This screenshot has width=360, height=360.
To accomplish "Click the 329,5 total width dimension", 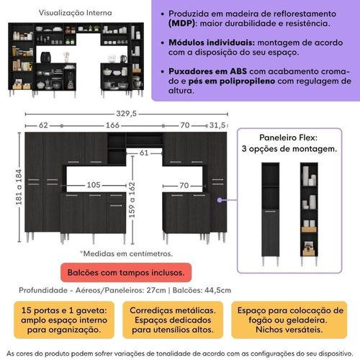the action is pyautogui.click(x=127, y=113).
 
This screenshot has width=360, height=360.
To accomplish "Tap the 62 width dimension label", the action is pyautogui.click(x=43, y=125).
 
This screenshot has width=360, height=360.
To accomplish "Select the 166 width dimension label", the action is pyautogui.click(x=112, y=125).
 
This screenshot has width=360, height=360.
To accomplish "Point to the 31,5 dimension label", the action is pyautogui.click(x=217, y=125).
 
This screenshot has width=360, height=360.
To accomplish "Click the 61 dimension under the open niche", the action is pyautogui.click(x=144, y=153).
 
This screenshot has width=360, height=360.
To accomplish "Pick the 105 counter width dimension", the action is pyautogui.click(x=94, y=185).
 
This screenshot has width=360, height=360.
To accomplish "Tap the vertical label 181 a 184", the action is pyautogui.click(x=19, y=187).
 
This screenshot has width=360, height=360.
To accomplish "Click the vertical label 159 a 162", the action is pyautogui.click(x=132, y=200).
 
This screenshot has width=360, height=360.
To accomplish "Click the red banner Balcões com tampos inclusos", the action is pyautogui.click(x=126, y=273).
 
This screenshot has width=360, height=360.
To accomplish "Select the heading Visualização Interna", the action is pyautogui.click(x=76, y=13).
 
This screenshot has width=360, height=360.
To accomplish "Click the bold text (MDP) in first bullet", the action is pyautogui.click(x=181, y=24).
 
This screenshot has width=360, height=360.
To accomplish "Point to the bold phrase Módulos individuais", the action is pyautogui.click(x=212, y=42).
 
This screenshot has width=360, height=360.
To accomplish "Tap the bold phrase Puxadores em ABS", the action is pyautogui.click(x=207, y=71).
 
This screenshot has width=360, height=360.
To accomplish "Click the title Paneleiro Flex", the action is pyautogui.click(x=288, y=138).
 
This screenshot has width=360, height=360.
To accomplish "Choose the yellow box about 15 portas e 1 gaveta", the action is pyautogui.click(x=64, y=320).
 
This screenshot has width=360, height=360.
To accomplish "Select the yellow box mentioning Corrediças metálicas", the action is pyautogui.click(x=173, y=320).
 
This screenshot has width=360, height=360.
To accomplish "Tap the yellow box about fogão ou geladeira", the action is pyautogui.click(x=289, y=320).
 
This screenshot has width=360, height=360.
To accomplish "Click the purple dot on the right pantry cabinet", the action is pyautogui.click(x=220, y=200).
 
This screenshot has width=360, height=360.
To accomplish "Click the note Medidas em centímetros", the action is pyautogui.click(x=126, y=253).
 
